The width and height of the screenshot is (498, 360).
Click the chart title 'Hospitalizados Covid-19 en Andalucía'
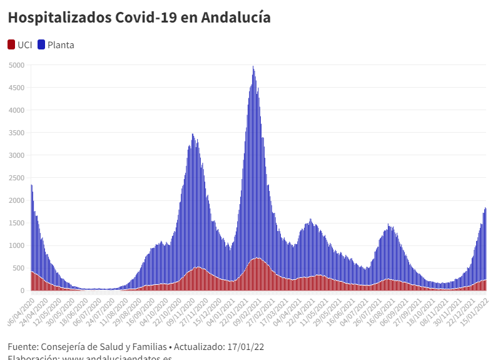pos(139,18)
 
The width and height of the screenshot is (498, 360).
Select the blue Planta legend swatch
pos(42,44)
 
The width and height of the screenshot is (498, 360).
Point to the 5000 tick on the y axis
pos(16,65)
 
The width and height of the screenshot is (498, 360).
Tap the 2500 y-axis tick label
pos(16,178)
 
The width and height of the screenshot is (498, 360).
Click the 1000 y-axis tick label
pos(16,245)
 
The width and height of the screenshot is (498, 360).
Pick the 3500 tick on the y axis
pos(16,133)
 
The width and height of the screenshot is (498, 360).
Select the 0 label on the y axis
pos(21,291)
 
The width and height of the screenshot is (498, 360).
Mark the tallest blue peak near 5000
pos(253,67)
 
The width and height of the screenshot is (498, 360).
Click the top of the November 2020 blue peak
pos(193,135)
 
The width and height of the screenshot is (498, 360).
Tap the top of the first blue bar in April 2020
pos(31,185)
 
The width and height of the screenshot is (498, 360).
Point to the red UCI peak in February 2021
pos(257,259)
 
